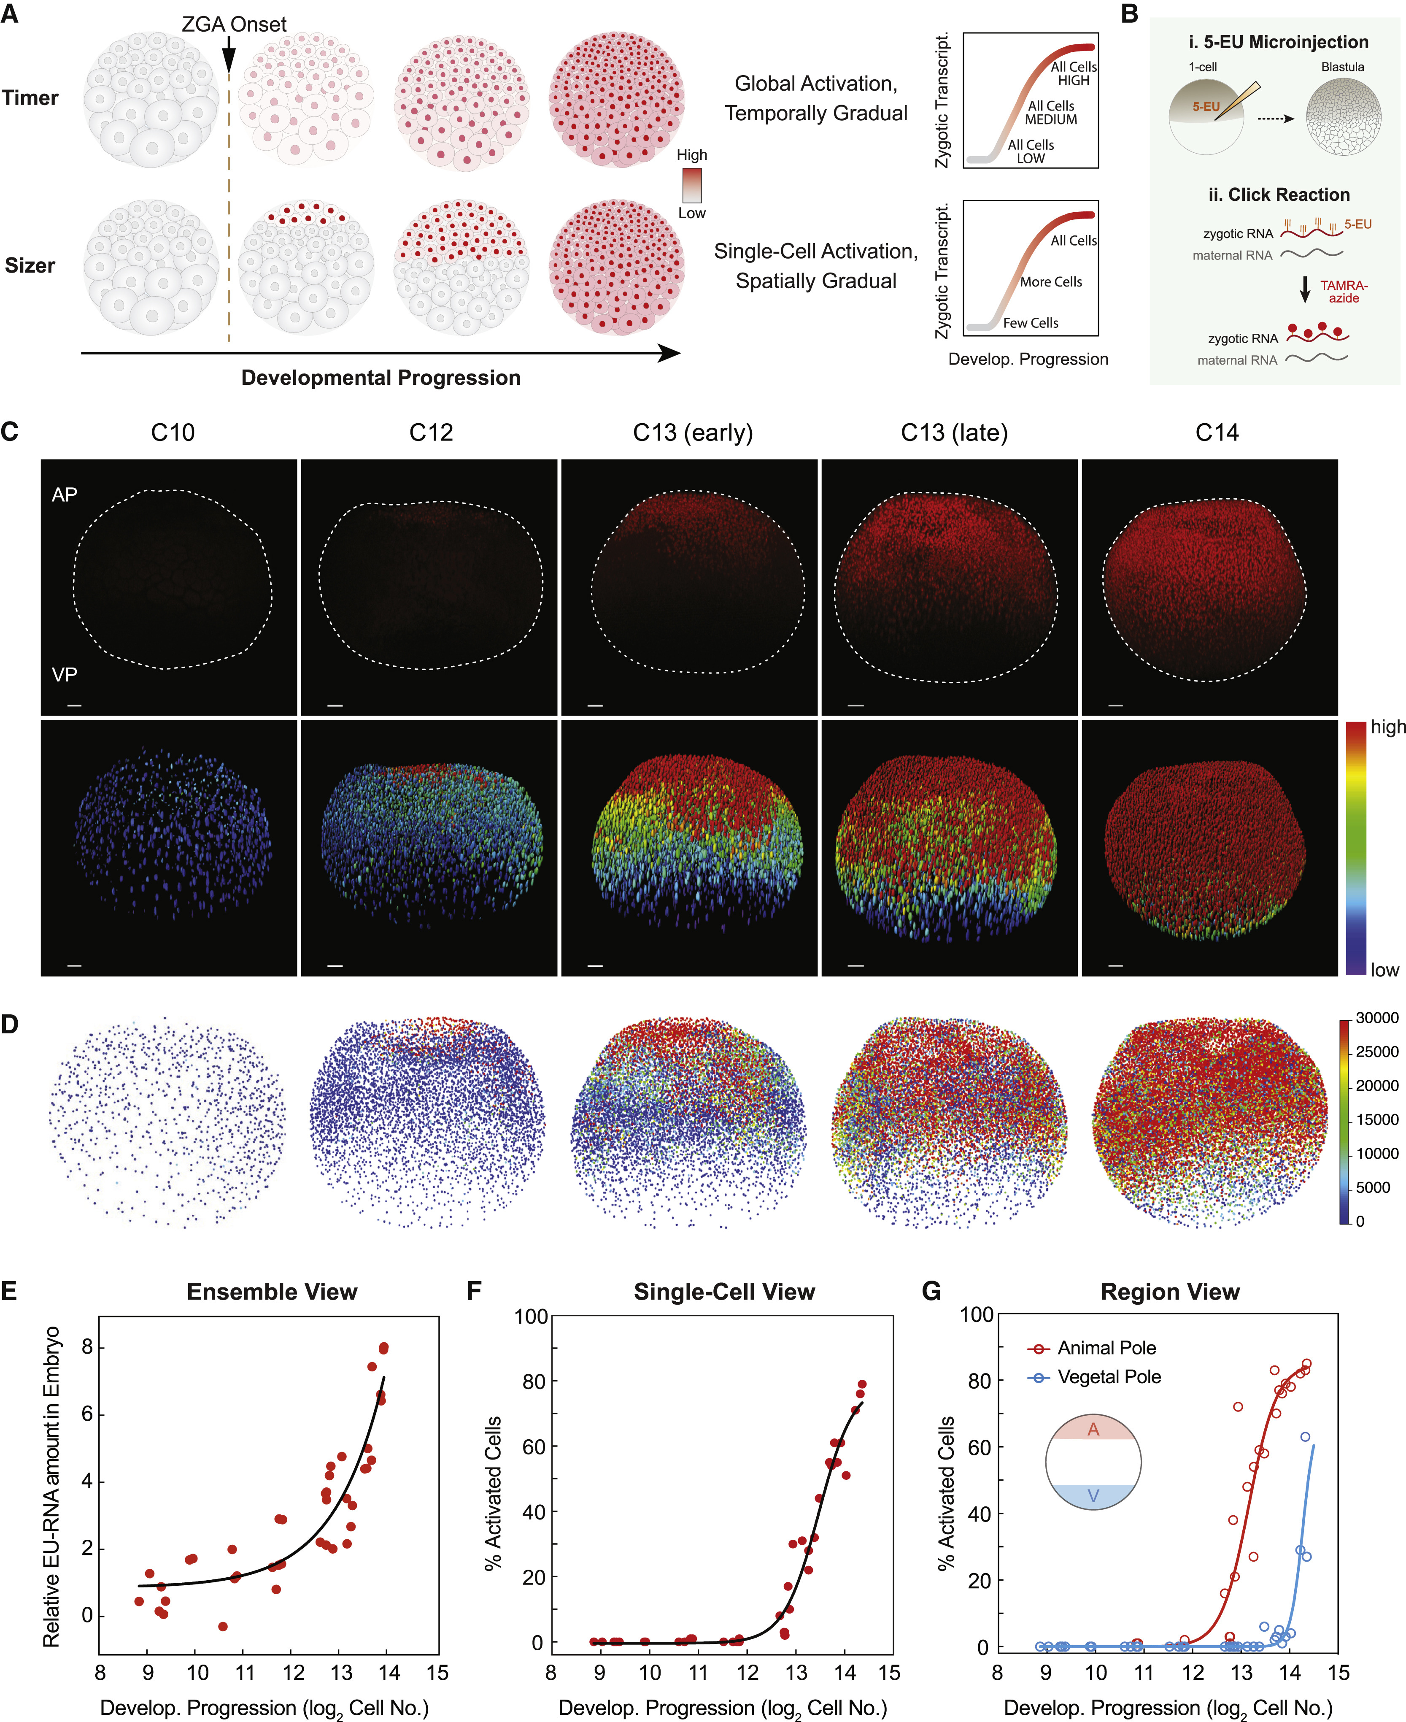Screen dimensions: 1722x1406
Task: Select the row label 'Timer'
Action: [x=30, y=98]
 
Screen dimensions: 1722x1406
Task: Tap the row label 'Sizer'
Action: [x=30, y=266]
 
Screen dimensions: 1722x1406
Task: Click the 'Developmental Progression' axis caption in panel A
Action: [x=381, y=378]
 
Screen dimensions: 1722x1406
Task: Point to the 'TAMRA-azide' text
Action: [x=1344, y=292]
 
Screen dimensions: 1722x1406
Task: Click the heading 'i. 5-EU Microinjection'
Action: [x=1278, y=42]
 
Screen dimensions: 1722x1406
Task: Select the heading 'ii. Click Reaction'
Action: [x=1279, y=195]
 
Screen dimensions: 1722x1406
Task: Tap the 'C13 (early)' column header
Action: [x=693, y=433]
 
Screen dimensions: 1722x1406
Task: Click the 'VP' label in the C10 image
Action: [x=65, y=674]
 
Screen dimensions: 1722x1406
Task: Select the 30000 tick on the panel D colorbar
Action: [x=1377, y=1018]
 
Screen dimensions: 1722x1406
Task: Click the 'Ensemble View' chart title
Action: [x=272, y=1292]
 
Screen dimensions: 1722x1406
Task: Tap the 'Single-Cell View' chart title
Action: [x=724, y=1292]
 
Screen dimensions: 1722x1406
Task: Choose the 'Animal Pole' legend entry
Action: [x=1106, y=1348]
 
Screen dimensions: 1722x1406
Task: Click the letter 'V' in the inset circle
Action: [x=1093, y=1496]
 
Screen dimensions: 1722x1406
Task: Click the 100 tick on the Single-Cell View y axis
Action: [x=531, y=1316]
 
